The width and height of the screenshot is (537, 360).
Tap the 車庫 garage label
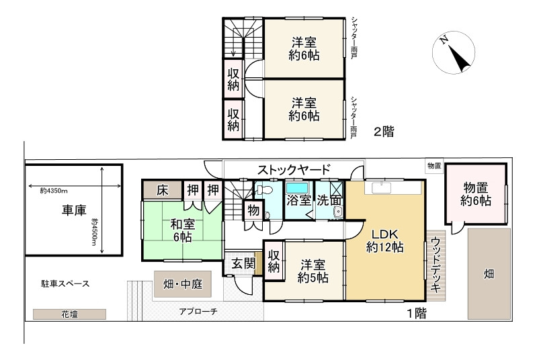point(73,210)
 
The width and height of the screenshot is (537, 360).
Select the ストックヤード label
point(292,169)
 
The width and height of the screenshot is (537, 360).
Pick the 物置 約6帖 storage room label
point(475,193)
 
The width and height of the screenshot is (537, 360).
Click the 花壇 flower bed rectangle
point(69,314)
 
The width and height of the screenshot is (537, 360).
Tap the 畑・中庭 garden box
point(183,284)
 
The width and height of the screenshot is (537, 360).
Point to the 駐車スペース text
point(65,284)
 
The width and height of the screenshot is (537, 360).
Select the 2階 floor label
point(383,132)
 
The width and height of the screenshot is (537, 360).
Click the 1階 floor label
point(416,313)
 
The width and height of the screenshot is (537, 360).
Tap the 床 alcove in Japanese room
point(161,189)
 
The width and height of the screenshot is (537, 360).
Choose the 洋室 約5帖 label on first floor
point(313,271)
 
